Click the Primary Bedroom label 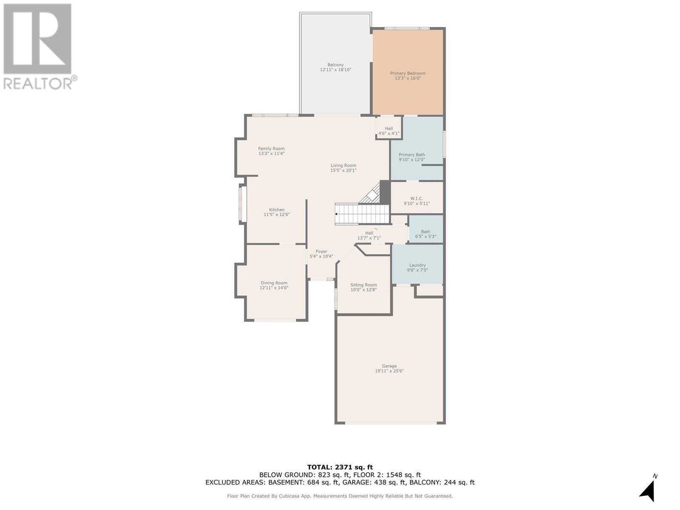click(x=408, y=73)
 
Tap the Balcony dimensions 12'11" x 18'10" click(x=335, y=70)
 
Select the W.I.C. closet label click(x=416, y=198)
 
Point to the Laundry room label click(x=417, y=265)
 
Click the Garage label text click(x=389, y=366)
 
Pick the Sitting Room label click(x=363, y=285)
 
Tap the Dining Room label click(x=274, y=283)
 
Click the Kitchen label click(x=277, y=210)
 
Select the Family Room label click(x=271, y=149)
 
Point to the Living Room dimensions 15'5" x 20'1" click(x=343, y=170)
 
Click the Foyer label click(x=321, y=252)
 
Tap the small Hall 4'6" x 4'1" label click(x=389, y=131)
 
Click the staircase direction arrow click(x=337, y=214)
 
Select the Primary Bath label click(x=411, y=155)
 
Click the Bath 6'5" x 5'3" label click(x=425, y=234)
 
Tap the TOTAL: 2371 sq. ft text click(x=340, y=467)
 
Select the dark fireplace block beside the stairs click(x=385, y=192)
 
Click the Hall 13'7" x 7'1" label click(x=369, y=235)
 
